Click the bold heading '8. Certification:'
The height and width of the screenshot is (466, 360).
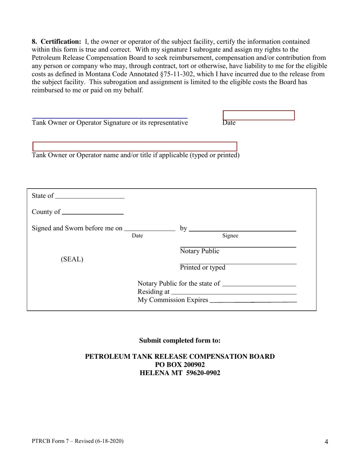click(x=56, y=42)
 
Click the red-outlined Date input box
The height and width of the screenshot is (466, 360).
click(x=259, y=116)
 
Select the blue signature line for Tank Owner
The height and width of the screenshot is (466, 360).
click(x=110, y=118)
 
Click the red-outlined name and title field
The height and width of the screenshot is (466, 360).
click(x=135, y=147)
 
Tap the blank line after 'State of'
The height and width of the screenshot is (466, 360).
click(x=89, y=196)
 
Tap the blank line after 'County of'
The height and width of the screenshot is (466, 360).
click(x=92, y=212)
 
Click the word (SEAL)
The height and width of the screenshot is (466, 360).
click(x=72, y=260)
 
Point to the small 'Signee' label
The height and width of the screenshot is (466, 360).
click(x=230, y=236)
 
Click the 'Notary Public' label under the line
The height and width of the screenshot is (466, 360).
click(x=199, y=251)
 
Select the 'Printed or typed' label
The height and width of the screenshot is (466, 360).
click(x=202, y=267)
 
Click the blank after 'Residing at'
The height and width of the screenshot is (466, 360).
click(x=233, y=292)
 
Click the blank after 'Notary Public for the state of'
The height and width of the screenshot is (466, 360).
click(x=259, y=284)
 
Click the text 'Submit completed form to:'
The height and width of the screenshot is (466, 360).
click(x=180, y=340)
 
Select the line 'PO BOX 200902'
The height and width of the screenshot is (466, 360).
click(x=180, y=364)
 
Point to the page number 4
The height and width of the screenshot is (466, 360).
click(x=326, y=441)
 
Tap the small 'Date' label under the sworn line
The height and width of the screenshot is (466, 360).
click(x=137, y=236)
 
